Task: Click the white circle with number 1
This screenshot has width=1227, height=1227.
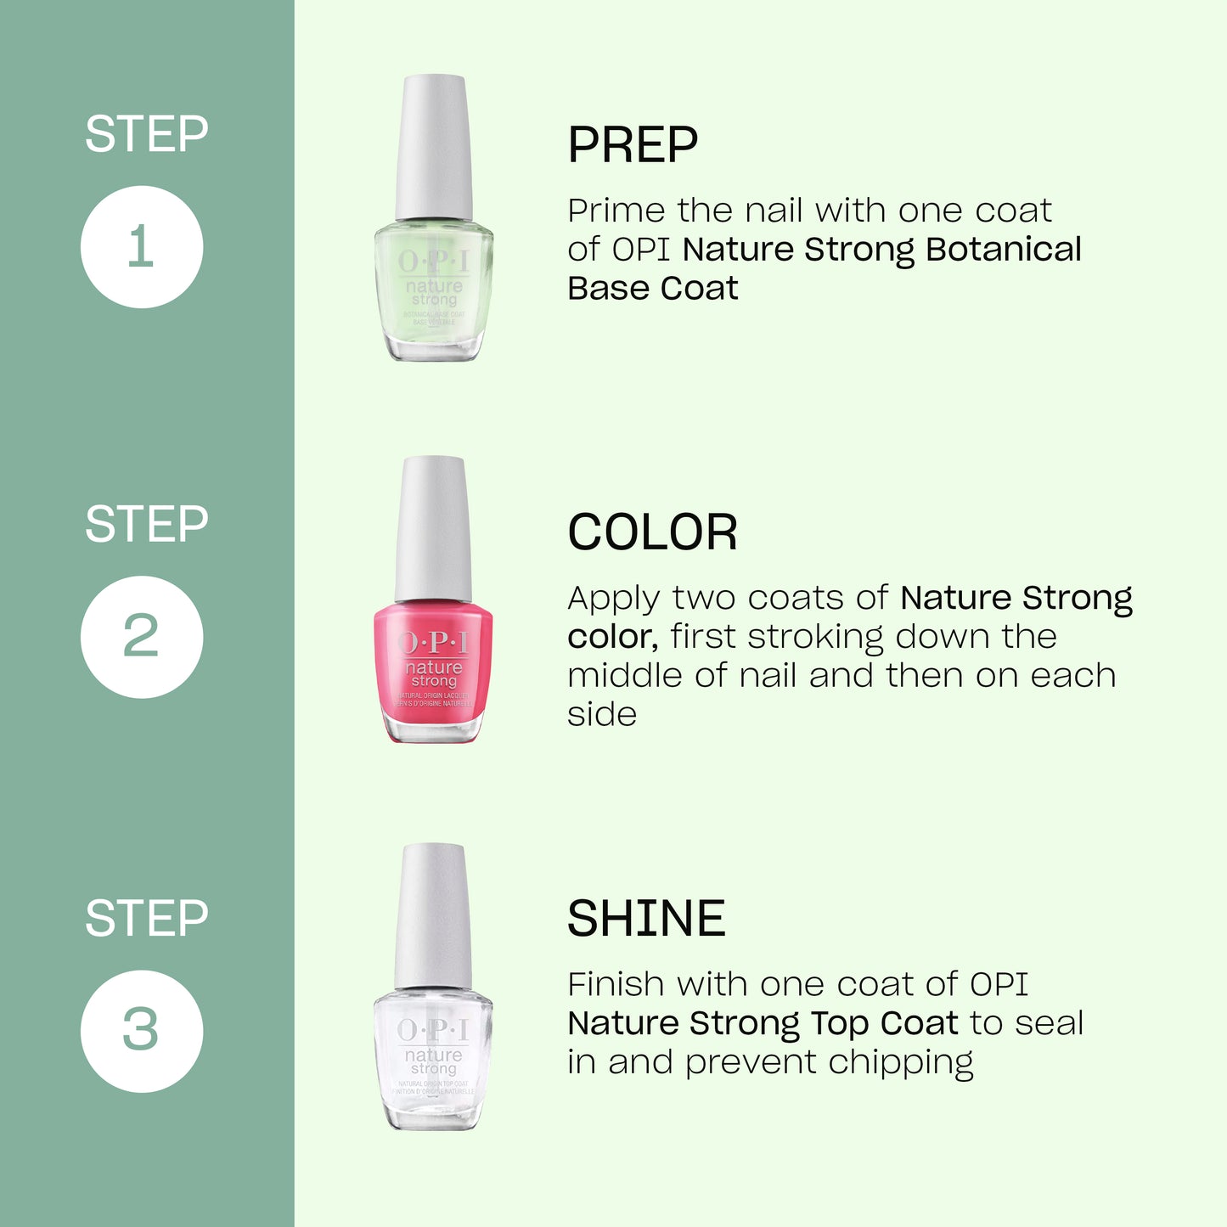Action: tap(142, 247)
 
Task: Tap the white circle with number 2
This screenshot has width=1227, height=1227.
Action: tap(142, 637)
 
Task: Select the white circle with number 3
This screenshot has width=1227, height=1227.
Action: tap(142, 1031)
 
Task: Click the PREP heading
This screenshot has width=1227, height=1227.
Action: tap(633, 145)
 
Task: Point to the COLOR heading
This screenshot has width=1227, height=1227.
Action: tap(652, 533)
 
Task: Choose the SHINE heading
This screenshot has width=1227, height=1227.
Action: tap(646, 919)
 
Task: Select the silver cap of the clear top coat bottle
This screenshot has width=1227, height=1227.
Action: tap(433, 915)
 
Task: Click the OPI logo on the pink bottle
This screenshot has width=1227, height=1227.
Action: tap(433, 643)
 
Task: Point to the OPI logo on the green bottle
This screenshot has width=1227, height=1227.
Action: tap(433, 262)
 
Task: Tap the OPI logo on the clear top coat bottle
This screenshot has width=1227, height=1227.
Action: tap(433, 1030)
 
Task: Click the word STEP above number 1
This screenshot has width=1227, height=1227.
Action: tap(146, 134)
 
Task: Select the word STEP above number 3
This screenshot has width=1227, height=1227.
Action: tap(146, 919)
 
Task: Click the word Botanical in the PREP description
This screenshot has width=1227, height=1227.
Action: tap(1003, 250)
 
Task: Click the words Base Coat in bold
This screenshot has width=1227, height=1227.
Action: tap(652, 289)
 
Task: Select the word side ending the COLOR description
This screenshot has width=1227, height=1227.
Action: tap(601, 714)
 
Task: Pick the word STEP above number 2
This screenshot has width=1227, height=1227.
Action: tap(146, 524)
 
